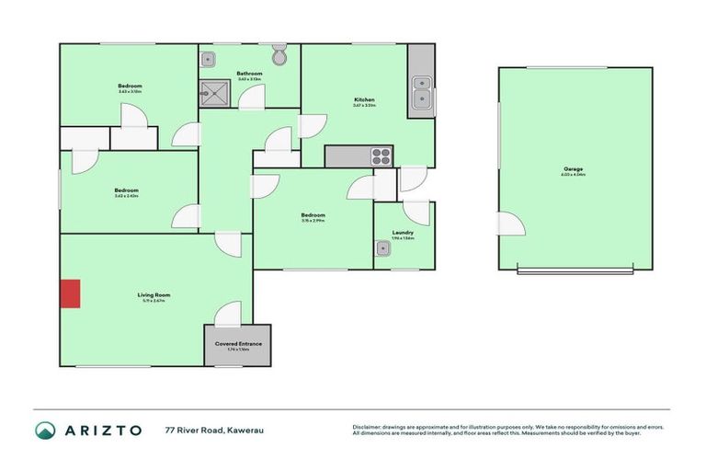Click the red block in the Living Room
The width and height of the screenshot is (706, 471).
[x=70, y=294]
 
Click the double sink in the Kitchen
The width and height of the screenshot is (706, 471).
[x=423, y=93]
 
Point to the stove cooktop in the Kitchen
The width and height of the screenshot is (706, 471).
[x=381, y=156]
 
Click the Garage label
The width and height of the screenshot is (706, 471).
[x=575, y=169]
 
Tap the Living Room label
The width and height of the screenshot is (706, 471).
[x=154, y=294]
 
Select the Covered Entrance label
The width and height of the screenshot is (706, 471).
[x=238, y=344]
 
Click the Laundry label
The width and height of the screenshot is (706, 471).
[x=403, y=233]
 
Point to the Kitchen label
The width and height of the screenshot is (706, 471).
[x=365, y=99]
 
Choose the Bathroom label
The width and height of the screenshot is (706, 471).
[x=249, y=74]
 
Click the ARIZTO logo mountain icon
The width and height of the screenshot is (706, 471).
[x=45, y=430]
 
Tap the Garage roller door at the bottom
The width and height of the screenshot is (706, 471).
[x=575, y=270]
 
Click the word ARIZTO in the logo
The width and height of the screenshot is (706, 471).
[x=103, y=430]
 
